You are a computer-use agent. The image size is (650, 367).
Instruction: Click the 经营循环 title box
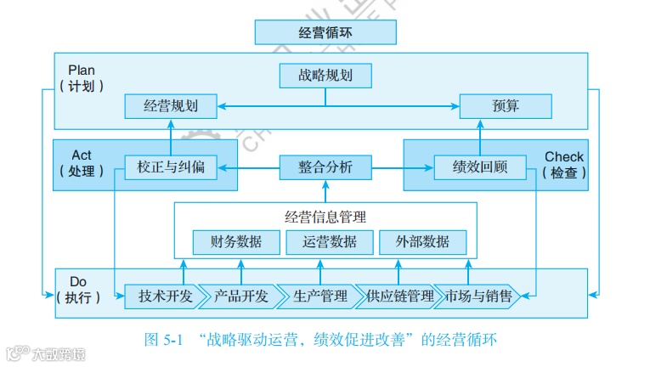point(325,32)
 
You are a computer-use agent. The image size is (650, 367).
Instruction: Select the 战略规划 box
point(325,76)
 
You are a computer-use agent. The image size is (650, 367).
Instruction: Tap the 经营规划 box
point(170,106)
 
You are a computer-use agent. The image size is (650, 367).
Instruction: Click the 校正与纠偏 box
point(170,167)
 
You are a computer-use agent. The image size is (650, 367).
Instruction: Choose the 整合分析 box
point(325,167)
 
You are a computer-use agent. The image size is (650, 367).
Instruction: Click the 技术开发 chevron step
point(164,296)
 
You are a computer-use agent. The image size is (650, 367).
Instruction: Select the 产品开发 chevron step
point(240,296)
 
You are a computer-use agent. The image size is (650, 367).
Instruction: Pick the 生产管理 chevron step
point(318,296)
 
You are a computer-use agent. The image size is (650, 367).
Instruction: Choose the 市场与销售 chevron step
point(478,296)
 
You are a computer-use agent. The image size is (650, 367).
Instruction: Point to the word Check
point(564,156)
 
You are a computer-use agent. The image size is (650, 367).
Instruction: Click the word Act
point(82,155)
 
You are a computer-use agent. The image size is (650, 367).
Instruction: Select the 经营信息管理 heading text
point(325,217)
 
